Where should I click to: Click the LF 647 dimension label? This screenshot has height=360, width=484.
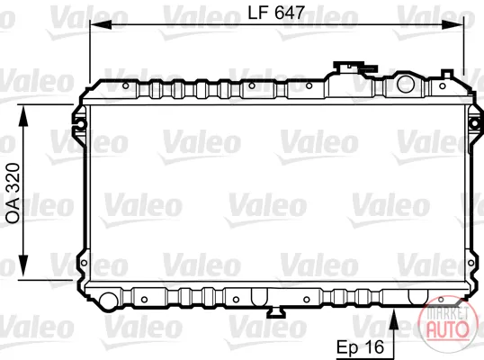276,13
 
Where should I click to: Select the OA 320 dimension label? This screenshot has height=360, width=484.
13,193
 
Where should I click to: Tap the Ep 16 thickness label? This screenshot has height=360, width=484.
360,347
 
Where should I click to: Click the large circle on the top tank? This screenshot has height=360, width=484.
406,84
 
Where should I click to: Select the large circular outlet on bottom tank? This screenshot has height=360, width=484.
108,301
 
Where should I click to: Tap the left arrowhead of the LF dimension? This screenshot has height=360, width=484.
101,24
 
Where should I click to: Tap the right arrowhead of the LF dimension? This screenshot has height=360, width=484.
453,24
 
